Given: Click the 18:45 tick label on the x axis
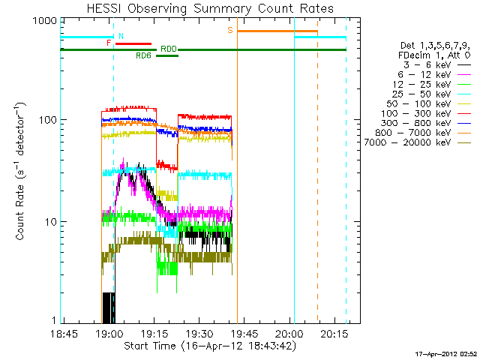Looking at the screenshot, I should [64, 333].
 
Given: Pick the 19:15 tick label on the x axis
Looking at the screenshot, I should [154, 333].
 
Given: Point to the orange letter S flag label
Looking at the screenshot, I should [230, 30].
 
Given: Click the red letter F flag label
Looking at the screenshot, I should [109, 43].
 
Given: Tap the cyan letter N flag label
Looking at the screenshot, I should [121, 36].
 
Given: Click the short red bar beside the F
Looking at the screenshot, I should [133, 43].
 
